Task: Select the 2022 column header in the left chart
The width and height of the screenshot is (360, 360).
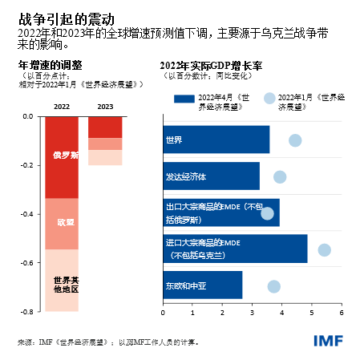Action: (61, 106)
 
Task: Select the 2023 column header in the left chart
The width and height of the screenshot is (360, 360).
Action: (105, 106)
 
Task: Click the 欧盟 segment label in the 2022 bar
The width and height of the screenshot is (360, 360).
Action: (63, 221)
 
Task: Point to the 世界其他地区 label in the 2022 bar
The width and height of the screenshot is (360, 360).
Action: (63, 285)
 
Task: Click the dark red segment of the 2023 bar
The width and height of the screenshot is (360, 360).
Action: (105, 127)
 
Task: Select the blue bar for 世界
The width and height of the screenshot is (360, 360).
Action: (216, 140)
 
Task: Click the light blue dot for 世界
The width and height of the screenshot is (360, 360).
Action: (295, 140)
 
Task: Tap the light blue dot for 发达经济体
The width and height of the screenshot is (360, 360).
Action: (280, 177)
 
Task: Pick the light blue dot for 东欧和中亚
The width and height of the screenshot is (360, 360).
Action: (273, 286)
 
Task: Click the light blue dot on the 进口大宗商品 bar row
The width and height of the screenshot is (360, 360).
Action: (324, 250)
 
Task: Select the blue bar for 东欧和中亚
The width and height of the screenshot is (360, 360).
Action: (202, 285)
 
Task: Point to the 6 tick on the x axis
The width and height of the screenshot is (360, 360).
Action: (342, 313)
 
